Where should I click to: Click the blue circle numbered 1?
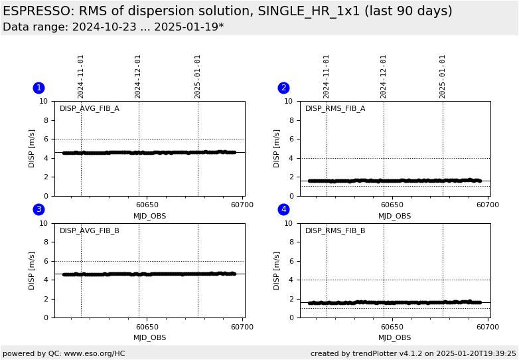coord(38,88)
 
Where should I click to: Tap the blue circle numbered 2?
coord(283,88)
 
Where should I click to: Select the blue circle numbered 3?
coord(38,209)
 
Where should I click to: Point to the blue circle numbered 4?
coord(283,209)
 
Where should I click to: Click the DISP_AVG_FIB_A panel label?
coord(90,109)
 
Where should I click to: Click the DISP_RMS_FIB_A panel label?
coord(335,109)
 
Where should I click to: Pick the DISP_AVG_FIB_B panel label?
coord(90,231)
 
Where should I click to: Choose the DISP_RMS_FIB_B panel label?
coord(335,231)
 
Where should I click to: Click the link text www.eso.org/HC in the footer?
coord(94,353)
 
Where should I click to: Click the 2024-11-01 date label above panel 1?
coord(81,76)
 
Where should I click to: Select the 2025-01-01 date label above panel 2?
coord(443,76)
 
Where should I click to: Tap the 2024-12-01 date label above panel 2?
coord(384,76)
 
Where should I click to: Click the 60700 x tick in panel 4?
coord(488,327)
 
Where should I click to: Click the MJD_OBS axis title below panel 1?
coord(150,216)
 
